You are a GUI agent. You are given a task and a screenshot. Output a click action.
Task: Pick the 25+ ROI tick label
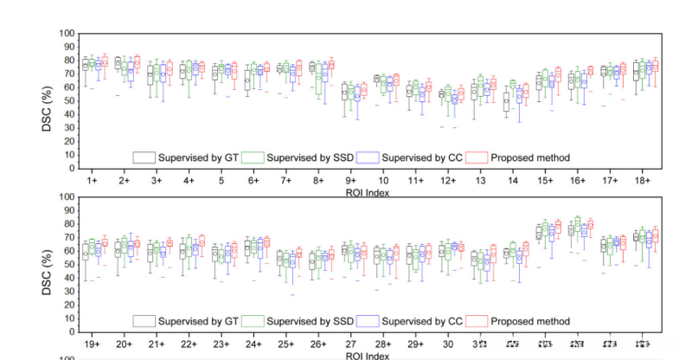(285, 344)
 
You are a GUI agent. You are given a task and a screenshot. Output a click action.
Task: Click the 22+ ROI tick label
(188, 344)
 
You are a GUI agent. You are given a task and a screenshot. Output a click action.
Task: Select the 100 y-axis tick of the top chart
(67, 34)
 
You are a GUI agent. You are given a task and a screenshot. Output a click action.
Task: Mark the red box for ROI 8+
(330, 65)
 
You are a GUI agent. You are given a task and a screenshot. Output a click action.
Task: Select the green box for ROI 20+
(123, 247)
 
